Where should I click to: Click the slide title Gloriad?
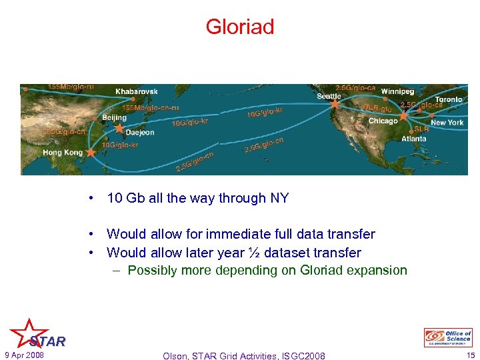[239, 27]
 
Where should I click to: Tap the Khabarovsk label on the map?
[137, 91]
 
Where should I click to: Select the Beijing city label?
[114, 117]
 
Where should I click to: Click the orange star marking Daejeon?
[119, 128]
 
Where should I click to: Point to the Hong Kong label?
[64, 153]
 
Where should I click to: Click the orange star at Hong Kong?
[91, 153]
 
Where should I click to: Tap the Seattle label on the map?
[328, 96]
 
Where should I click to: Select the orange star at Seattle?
[335, 104]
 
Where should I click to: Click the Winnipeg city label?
[397, 91]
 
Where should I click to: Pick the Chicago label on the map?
[383, 121]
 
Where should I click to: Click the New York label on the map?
[447, 123]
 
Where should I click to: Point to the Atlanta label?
[414, 139]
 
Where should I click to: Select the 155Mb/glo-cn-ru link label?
[151, 107]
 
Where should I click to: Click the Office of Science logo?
[448, 337]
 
